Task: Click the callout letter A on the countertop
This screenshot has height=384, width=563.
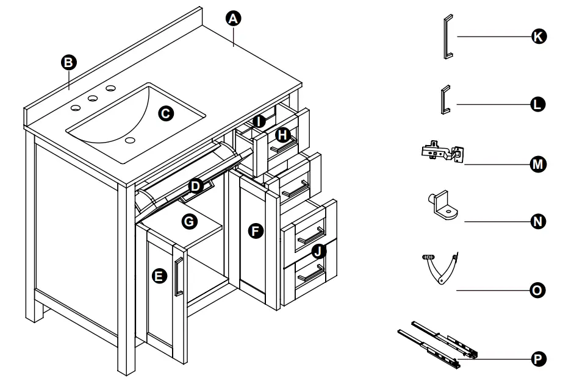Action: pyautogui.click(x=231, y=18)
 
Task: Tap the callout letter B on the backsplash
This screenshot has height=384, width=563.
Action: pyautogui.click(x=69, y=62)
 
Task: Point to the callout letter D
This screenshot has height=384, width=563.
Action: pyautogui.click(x=195, y=185)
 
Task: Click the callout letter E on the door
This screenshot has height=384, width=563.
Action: pyautogui.click(x=159, y=276)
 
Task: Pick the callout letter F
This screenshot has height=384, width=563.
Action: pyautogui.click(x=256, y=230)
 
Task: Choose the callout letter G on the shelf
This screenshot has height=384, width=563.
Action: pyautogui.click(x=190, y=222)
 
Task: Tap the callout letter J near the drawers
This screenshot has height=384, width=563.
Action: pyautogui.click(x=318, y=251)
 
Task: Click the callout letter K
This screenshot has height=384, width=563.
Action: pyautogui.click(x=537, y=37)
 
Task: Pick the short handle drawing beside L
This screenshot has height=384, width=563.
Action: pyautogui.click(x=443, y=99)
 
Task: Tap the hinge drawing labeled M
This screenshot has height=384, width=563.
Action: pyautogui.click(x=443, y=152)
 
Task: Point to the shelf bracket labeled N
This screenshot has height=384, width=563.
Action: pyautogui.click(x=443, y=205)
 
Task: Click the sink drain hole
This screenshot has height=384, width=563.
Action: pyautogui.click(x=130, y=140)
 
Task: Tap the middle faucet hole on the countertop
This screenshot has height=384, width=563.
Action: pyautogui.click(x=93, y=98)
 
